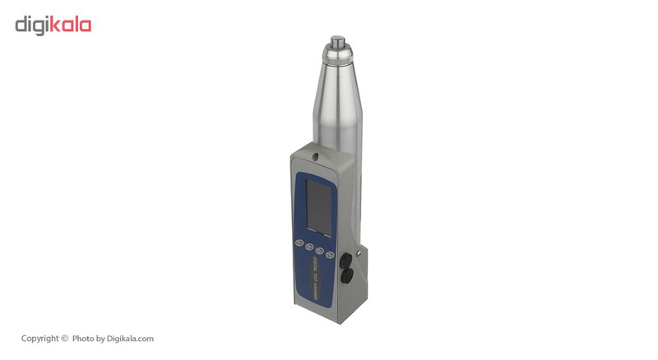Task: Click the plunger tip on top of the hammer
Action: (x=337, y=40)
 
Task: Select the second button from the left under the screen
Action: (x=309, y=246)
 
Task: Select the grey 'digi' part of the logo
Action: (x=35, y=25)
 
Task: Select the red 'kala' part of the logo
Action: (x=73, y=25)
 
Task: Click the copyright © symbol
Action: (x=64, y=339)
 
